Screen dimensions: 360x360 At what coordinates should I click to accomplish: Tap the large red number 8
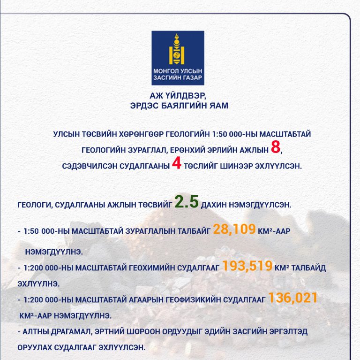276,148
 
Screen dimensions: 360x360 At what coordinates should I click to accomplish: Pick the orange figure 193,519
247,266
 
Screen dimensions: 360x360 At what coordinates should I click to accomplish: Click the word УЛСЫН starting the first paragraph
67,134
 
